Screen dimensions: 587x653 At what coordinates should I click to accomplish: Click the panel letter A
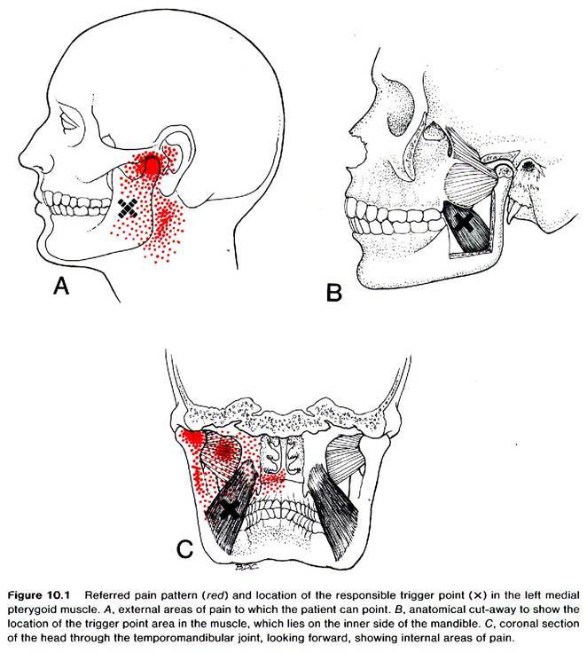61,286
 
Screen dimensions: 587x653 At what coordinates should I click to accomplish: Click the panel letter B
334,292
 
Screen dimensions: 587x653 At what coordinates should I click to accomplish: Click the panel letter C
184,549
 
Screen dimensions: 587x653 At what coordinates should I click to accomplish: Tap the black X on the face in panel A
128,208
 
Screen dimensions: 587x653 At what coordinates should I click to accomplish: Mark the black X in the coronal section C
229,509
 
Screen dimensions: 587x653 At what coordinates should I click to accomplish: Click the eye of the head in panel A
67,122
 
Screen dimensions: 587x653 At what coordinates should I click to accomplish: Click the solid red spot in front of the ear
151,167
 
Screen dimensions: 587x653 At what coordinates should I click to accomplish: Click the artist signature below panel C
245,566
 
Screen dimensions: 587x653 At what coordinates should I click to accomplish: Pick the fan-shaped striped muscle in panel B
470,185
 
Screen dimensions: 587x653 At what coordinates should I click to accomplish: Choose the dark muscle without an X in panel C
333,510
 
